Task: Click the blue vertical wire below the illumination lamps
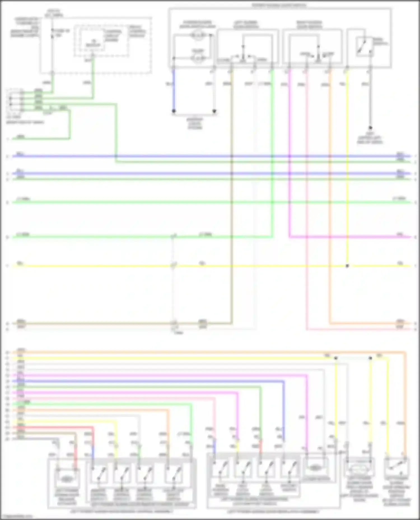(174, 89)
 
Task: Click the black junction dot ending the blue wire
(174, 111)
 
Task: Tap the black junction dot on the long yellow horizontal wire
(347, 266)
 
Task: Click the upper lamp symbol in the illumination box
(198, 35)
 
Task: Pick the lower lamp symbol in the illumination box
(198, 58)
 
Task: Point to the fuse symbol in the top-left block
(52, 33)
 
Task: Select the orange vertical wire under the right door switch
(330, 196)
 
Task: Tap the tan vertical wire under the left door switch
(232, 196)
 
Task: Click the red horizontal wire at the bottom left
(56, 427)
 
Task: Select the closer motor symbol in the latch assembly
(315, 467)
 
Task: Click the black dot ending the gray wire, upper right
(370, 128)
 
